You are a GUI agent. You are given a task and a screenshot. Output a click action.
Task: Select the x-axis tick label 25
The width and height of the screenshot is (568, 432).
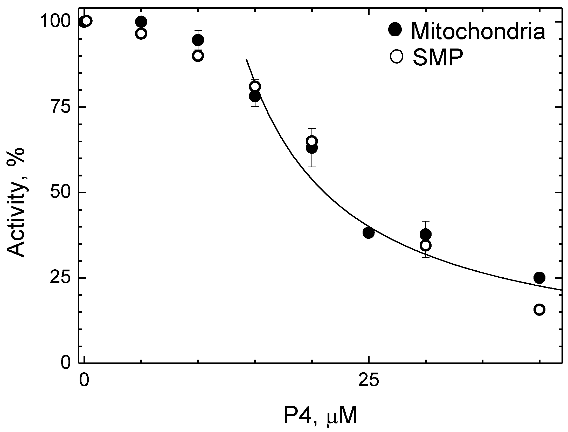click(x=368, y=380)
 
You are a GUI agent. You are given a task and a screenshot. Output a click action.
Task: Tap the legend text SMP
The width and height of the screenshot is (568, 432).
click(x=438, y=58)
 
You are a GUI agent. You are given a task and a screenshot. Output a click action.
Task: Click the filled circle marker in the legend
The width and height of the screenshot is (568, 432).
click(x=395, y=30)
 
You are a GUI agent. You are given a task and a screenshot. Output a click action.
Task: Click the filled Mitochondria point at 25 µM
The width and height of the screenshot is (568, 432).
click(x=368, y=233)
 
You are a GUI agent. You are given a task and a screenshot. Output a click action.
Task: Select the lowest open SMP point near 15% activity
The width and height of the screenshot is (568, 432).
click(x=539, y=310)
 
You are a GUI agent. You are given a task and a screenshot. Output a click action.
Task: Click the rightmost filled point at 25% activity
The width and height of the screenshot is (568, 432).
click(x=539, y=278)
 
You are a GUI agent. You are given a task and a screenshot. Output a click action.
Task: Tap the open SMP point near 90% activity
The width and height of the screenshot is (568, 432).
click(x=198, y=56)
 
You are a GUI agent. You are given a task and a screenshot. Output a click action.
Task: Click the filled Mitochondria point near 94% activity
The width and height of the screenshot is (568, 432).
click(x=198, y=40)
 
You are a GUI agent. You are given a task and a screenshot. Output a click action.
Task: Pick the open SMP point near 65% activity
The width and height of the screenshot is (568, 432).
click(x=312, y=141)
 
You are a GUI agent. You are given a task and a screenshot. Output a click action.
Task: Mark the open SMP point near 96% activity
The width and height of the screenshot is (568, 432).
click(x=141, y=33)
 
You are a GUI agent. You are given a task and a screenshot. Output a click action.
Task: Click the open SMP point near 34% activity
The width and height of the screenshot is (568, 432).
click(x=425, y=245)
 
